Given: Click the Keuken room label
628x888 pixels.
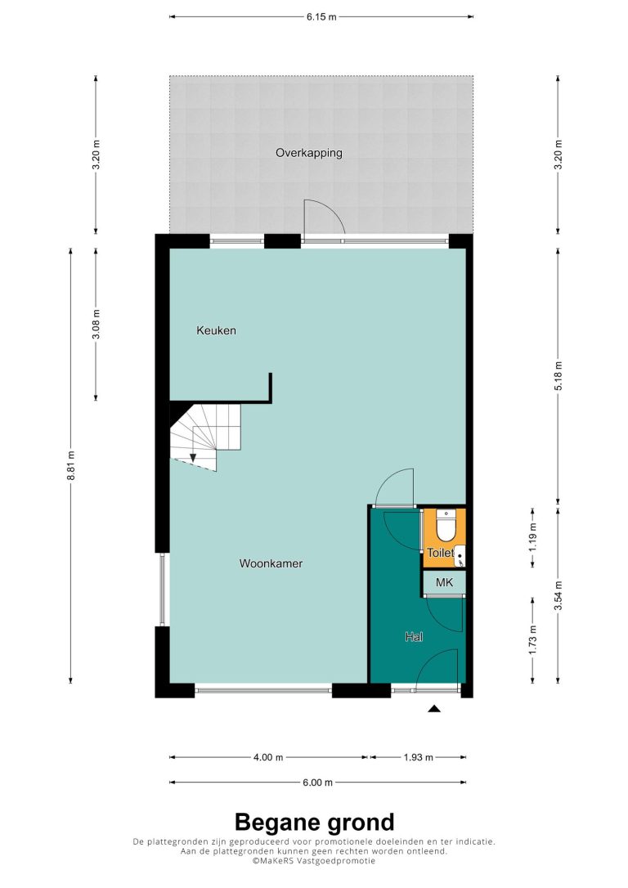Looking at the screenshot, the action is [x=216, y=330].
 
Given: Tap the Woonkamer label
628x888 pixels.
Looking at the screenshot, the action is [x=271, y=563].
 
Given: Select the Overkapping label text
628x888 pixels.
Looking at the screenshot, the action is [x=308, y=153].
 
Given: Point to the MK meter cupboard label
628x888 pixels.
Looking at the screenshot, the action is [x=444, y=582].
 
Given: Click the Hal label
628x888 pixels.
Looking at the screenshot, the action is [x=414, y=637].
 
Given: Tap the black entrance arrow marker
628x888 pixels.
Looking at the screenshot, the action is [x=433, y=708].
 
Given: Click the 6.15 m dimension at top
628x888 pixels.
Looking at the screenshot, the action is [x=321, y=17].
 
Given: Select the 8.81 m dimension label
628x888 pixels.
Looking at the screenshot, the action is [x=71, y=465].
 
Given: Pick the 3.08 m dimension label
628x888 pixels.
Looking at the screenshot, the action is [x=96, y=325].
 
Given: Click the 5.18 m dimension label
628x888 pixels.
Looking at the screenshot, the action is [x=558, y=375].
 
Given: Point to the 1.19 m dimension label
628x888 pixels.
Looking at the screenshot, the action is [x=533, y=537].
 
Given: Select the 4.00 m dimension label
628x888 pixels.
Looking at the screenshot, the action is [x=268, y=757].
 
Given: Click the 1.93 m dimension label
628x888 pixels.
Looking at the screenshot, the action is [x=419, y=757].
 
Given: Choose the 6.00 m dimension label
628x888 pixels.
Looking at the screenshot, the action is [x=318, y=783].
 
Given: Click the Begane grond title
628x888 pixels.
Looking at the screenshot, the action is [x=314, y=822].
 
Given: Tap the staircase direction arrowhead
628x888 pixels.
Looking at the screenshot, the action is [x=192, y=458].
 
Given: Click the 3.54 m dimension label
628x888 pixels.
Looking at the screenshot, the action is [x=558, y=596].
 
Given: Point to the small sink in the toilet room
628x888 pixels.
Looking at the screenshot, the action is [x=460, y=555].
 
